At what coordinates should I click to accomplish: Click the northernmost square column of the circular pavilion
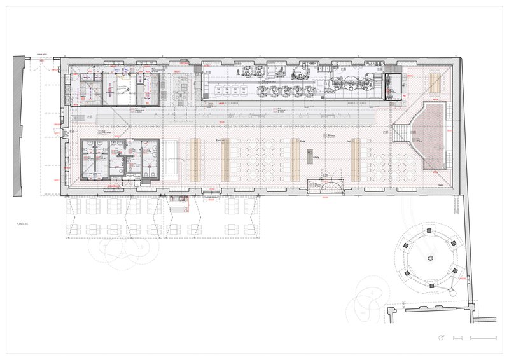(430, 226)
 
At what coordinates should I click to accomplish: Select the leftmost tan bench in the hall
(195, 159)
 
